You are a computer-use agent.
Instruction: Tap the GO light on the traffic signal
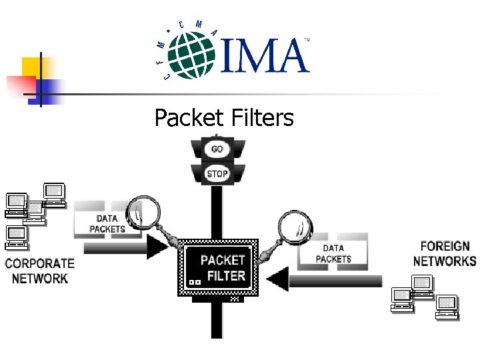pyautogui.click(x=217, y=149)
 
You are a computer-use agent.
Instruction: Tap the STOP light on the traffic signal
pyautogui.click(x=217, y=173)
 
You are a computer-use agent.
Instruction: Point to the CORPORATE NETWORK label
pyautogui.click(x=39, y=270)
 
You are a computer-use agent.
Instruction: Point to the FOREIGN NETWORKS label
pyautogui.click(x=444, y=253)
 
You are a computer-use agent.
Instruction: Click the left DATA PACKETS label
pyautogui.click(x=107, y=223)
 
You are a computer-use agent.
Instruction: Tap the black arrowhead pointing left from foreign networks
pyautogui.click(x=278, y=279)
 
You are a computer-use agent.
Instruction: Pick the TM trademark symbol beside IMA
pyautogui.click(x=307, y=41)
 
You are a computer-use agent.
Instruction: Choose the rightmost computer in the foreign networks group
pyautogui.click(x=447, y=305)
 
